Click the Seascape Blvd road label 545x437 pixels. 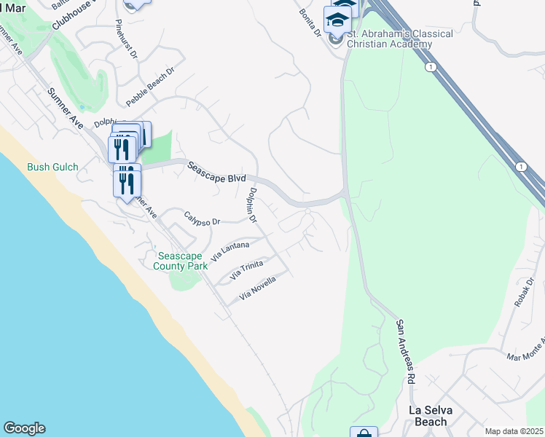217,172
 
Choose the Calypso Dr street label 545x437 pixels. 202,218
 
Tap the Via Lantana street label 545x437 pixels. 230,252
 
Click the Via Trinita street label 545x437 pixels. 246,270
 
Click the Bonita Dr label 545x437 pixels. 309,23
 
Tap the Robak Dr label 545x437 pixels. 525,292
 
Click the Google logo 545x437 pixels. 24,428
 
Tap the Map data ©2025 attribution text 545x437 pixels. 514,431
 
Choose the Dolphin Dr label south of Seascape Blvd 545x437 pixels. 252,205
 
